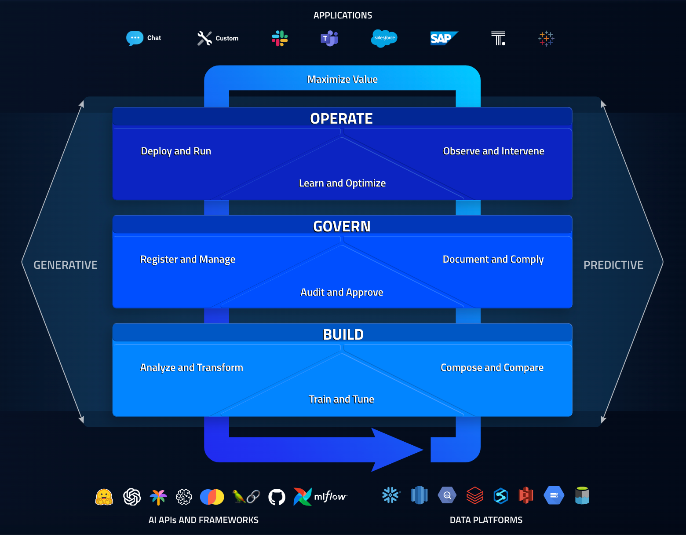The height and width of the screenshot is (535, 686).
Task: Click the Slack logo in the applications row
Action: [280, 38]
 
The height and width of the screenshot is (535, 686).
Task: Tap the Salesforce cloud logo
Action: [384, 38]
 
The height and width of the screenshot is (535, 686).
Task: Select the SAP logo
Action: [443, 38]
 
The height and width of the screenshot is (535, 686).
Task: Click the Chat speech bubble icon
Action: [135, 38]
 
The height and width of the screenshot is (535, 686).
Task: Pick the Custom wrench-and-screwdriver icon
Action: [204, 38]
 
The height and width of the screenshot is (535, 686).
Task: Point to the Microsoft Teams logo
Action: [329, 39]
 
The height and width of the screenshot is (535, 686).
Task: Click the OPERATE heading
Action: [341, 118]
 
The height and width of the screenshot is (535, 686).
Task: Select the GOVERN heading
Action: [342, 226]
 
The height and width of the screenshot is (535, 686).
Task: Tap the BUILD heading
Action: [343, 334]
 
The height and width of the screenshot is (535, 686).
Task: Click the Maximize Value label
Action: [342, 80]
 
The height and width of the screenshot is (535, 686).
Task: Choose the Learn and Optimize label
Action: [342, 183]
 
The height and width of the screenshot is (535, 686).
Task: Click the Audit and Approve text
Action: [342, 292]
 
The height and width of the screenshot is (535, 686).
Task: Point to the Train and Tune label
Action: [341, 399]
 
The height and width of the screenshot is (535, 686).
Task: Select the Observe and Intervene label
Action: [493, 151]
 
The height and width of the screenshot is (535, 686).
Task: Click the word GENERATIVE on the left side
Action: [66, 265]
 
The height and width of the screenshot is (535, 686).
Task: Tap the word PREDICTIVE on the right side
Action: [613, 265]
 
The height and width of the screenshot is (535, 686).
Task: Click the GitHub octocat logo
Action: [277, 497]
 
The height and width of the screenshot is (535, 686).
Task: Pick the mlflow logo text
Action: [330, 497]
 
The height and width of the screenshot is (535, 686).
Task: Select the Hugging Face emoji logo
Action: [104, 497]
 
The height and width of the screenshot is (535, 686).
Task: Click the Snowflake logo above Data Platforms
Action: [390, 495]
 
